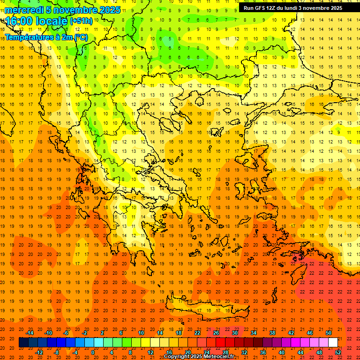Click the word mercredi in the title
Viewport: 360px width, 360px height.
(x=24, y=10)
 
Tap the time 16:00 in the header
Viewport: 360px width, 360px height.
(x=19, y=21)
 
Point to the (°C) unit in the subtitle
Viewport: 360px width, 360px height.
(x=80, y=37)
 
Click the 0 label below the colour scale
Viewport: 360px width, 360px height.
(x=93, y=352)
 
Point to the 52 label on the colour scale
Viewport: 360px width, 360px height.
(x=338, y=352)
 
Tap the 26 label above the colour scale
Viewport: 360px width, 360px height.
(x=216, y=332)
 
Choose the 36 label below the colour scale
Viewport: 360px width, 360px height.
(x=263, y=352)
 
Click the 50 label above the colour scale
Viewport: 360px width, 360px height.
(x=328, y=332)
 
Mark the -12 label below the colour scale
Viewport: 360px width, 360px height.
(x=39, y=352)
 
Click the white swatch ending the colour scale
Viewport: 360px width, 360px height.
(x=333, y=342)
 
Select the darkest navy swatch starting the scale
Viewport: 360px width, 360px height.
(x=23, y=342)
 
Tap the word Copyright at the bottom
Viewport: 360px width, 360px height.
(x=177, y=357)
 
